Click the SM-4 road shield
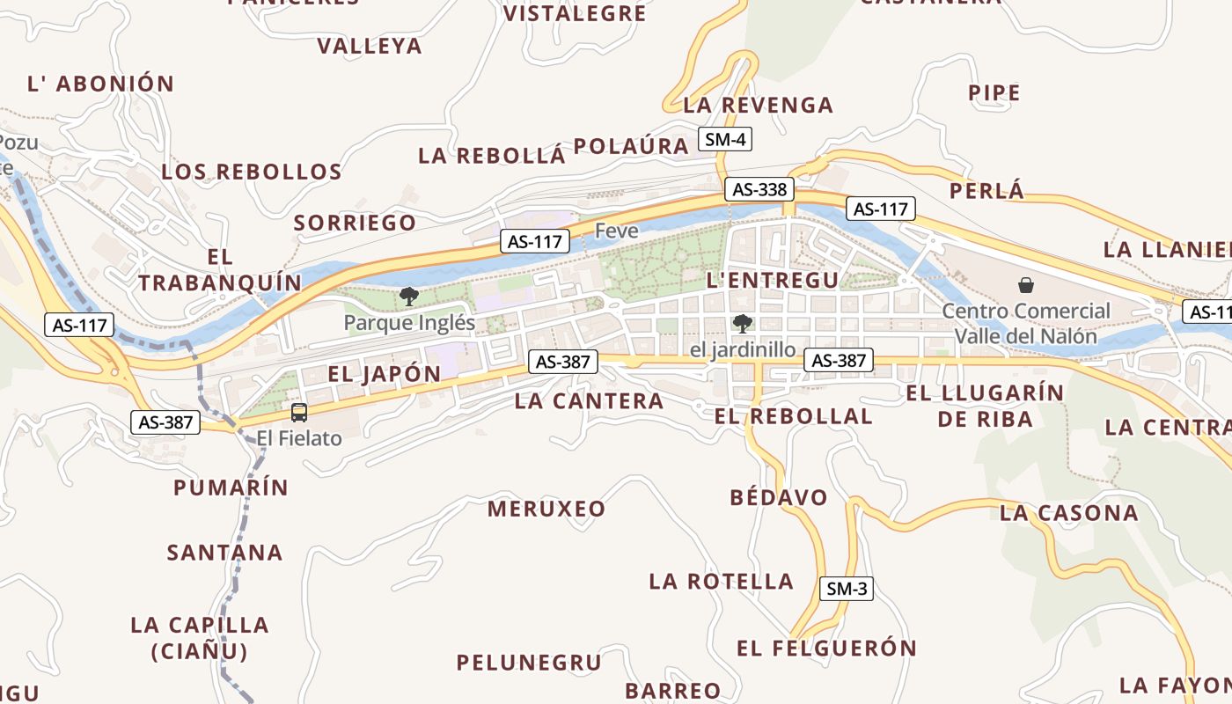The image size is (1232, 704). point(726,139)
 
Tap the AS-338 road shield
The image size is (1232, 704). point(759,189)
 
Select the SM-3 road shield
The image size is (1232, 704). point(847,589)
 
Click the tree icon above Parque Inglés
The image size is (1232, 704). point(409,297)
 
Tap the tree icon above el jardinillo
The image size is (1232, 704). point(743,324)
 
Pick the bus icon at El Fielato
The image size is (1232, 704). point(299,413)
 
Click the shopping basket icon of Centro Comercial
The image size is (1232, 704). point(1025,285)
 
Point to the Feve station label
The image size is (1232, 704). point(616,231)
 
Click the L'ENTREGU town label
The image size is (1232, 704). point(773,280)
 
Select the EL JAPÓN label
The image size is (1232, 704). point(384,374)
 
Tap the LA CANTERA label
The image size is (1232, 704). point(589,401)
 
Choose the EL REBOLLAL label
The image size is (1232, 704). point(793,416)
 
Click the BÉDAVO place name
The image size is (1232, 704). point(779,498)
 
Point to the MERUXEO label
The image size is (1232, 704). point(546,509)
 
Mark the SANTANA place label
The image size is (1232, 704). point(224,553)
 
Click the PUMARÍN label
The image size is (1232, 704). point(231,488)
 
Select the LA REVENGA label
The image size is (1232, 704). point(758,106)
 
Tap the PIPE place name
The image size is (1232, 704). point(994,93)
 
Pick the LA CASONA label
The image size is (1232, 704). point(1068,513)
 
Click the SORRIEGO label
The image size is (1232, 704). point(355,224)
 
